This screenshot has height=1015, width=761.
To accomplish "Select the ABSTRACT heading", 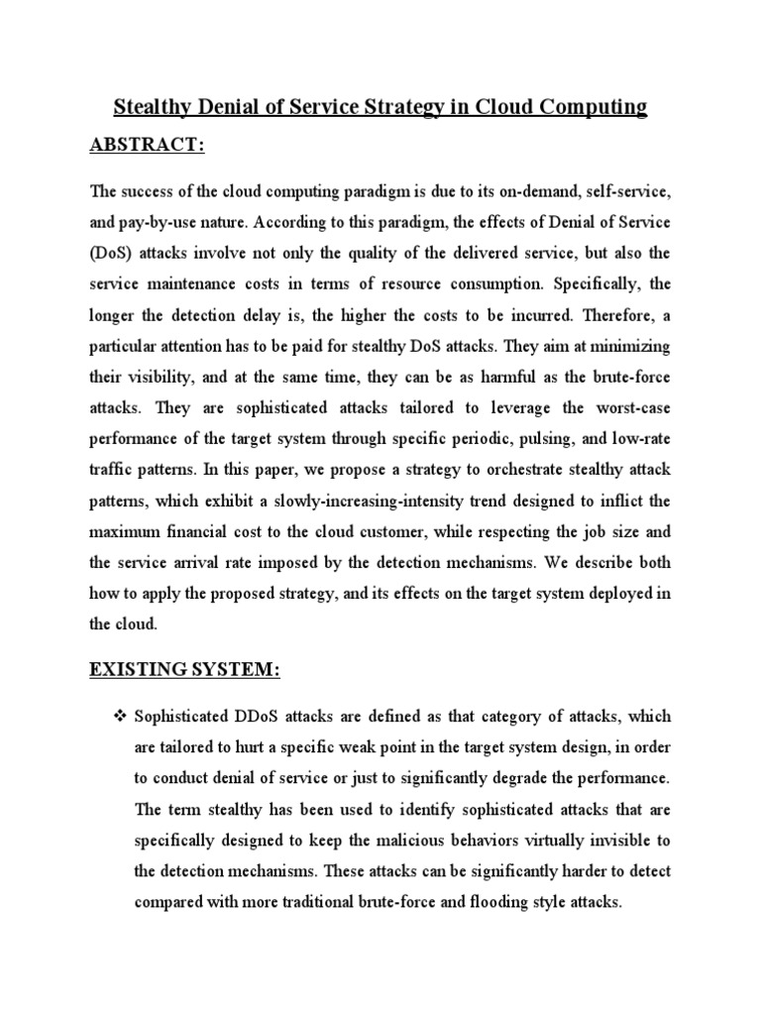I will click(147, 146).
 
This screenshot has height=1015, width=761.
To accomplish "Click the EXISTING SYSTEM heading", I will click(185, 671).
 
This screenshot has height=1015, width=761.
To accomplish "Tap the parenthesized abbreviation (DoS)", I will click(110, 254).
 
